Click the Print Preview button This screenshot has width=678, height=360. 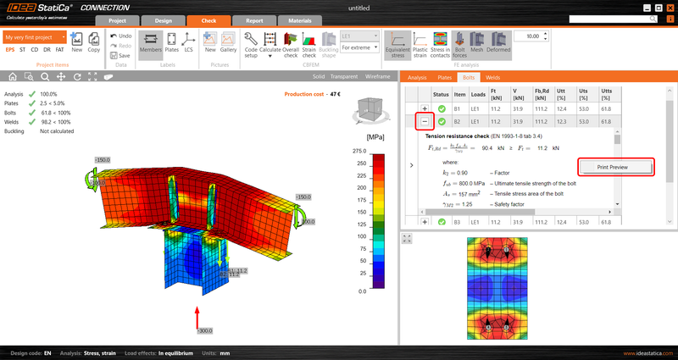(616, 167)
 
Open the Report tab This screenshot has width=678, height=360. (253, 20)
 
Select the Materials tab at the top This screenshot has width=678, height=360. (299, 20)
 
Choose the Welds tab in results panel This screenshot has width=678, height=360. (493, 77)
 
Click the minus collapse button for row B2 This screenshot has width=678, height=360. (425, 122)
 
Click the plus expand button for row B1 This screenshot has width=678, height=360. (425, 109)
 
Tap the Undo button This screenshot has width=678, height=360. (120, 36)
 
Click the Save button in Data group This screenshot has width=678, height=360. (120, 55)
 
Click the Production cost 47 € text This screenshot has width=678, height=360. (312, 95)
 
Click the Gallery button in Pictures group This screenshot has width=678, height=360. (228, 42)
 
